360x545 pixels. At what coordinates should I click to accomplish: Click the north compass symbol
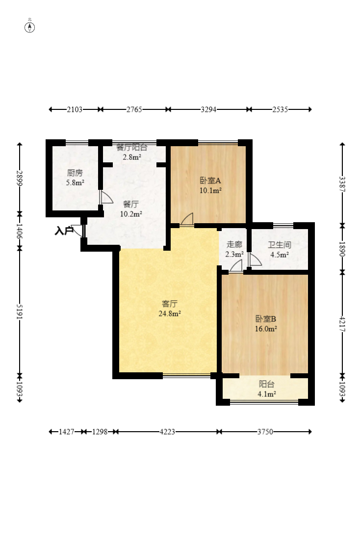pos(30,27)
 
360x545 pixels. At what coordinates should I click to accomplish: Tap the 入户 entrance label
pos(63,231)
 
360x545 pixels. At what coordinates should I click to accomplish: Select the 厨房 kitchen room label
pos(75,173)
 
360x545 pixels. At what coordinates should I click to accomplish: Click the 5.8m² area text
pos(75,182)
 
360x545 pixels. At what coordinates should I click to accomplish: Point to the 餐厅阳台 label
pos(132,147)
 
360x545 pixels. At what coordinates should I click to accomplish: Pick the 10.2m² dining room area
pos(131,214)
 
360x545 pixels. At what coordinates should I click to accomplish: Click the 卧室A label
pos(210,181)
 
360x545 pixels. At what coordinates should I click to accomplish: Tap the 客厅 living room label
pos(170,304)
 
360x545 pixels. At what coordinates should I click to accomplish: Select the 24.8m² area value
pos(170,314)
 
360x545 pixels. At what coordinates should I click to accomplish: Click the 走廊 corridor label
pos(234,244)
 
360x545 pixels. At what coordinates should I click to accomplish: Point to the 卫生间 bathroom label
pos(280,245)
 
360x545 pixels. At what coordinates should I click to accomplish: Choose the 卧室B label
pos(266,319)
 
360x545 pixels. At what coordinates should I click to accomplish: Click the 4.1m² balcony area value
pos(266,394)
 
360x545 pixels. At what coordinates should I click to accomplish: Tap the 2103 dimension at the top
pos(75,109)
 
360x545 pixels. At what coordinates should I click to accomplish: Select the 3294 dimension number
pos(208,109)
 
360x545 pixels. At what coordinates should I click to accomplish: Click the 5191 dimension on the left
pos(20,312)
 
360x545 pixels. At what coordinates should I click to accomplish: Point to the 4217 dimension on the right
pos(342,324)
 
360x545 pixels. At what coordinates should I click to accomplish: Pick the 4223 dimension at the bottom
pos(167,432)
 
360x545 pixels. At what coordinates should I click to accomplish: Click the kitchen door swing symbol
pos(106,197)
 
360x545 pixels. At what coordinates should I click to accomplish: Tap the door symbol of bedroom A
pos(186,220)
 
